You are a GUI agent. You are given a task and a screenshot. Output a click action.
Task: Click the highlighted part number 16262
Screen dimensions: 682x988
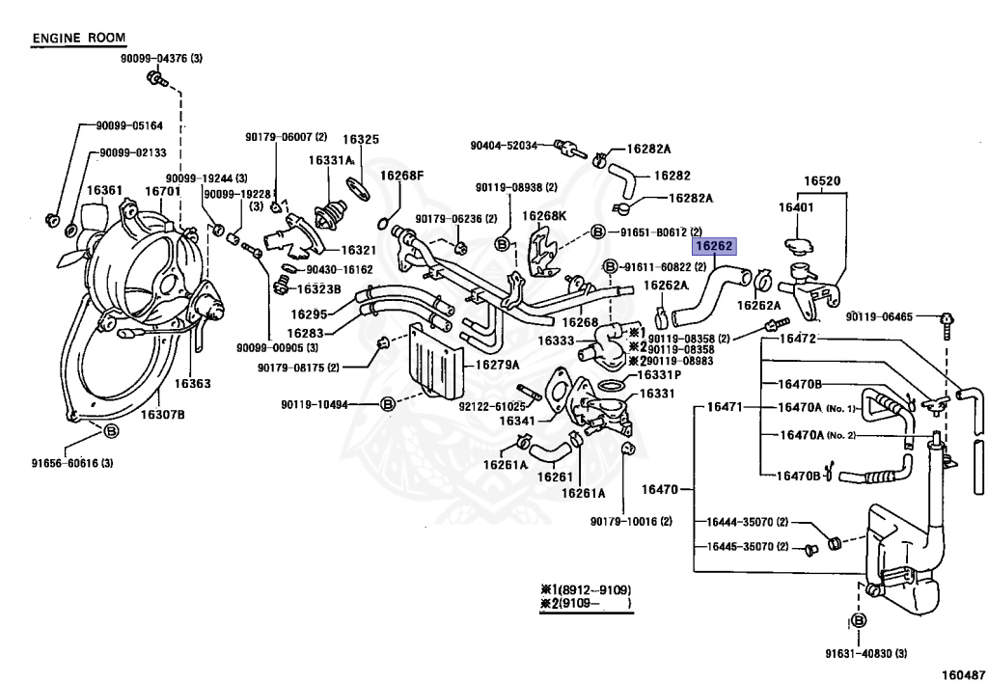click(x=715, y=247)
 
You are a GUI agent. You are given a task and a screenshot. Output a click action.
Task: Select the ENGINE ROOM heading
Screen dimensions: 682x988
click(x=73, y=39)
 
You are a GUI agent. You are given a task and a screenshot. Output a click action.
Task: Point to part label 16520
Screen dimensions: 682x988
click(x=823, y=180)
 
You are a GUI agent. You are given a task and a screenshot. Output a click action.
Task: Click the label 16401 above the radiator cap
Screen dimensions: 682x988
click(x=797, y=207)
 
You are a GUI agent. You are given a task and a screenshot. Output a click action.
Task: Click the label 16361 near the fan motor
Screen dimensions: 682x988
click(x=104, y=191)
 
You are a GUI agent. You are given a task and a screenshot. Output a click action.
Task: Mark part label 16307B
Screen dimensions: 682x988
click(x=162, y=415)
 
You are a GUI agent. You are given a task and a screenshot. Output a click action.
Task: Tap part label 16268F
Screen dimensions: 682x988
click(x=401, y=176)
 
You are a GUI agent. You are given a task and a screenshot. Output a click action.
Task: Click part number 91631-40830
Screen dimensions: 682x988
click(x=864, y=653)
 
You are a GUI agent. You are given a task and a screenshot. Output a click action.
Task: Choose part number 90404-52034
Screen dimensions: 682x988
click(x=504, y=146)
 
